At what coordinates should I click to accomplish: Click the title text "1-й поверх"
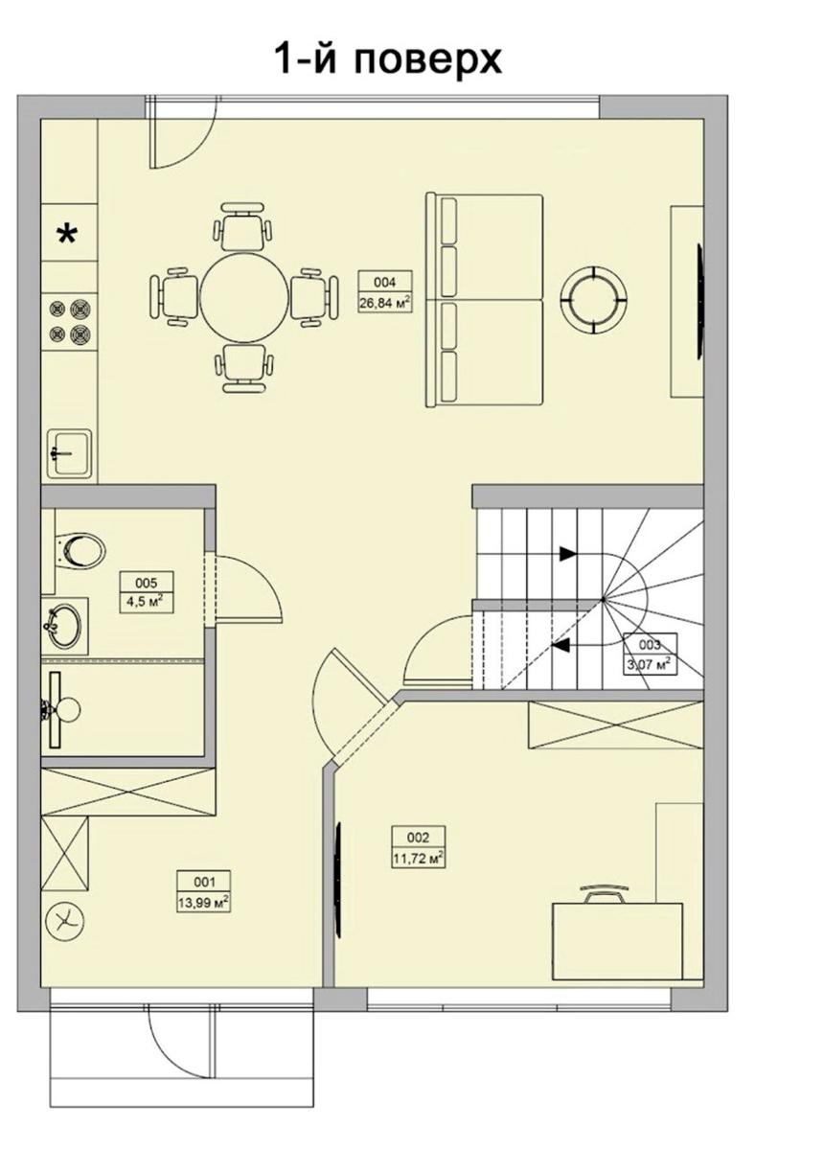click(389, 58)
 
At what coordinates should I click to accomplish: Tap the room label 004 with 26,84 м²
click(385, 291)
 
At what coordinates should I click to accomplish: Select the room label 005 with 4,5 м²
click(147, 591)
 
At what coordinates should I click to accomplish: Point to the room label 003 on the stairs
click(650, 653)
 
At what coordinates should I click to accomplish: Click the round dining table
click(244, 297)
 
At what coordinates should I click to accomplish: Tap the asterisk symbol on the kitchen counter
click(68, 235)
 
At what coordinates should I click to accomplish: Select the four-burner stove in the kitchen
click(72, 321)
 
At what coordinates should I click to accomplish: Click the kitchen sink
click(70, 452)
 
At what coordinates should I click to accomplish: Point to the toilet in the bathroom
click(80, 552)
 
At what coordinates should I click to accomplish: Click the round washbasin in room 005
click(61, 625)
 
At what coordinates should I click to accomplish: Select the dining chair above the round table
click(242, 225)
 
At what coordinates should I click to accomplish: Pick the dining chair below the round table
click(244, 368)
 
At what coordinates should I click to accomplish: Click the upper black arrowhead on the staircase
click(568, 554)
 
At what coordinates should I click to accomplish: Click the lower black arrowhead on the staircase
click(560, 645)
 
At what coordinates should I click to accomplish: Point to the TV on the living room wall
click(700, 299)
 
